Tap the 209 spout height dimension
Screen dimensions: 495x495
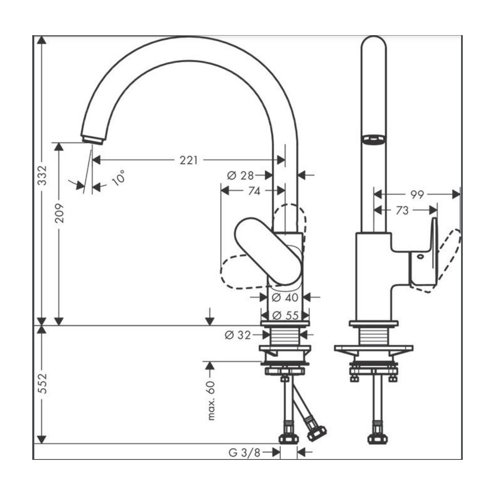click(59, 213)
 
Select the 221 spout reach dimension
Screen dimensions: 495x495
click(188, 160)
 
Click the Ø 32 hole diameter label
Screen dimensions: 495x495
click(238, 335)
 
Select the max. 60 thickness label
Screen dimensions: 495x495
click(212, 401)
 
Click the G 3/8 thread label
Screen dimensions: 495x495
click(244, 452)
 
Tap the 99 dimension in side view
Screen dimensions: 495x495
click(417, 195)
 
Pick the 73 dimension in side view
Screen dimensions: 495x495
click(402, 210)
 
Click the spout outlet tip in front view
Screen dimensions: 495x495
click(93, 139)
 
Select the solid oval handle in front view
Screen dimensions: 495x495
click(267, 250)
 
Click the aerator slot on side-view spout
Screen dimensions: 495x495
click(374, 140)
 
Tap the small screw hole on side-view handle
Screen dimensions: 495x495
click(420, 257)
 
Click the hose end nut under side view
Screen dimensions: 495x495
click(378, 438)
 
